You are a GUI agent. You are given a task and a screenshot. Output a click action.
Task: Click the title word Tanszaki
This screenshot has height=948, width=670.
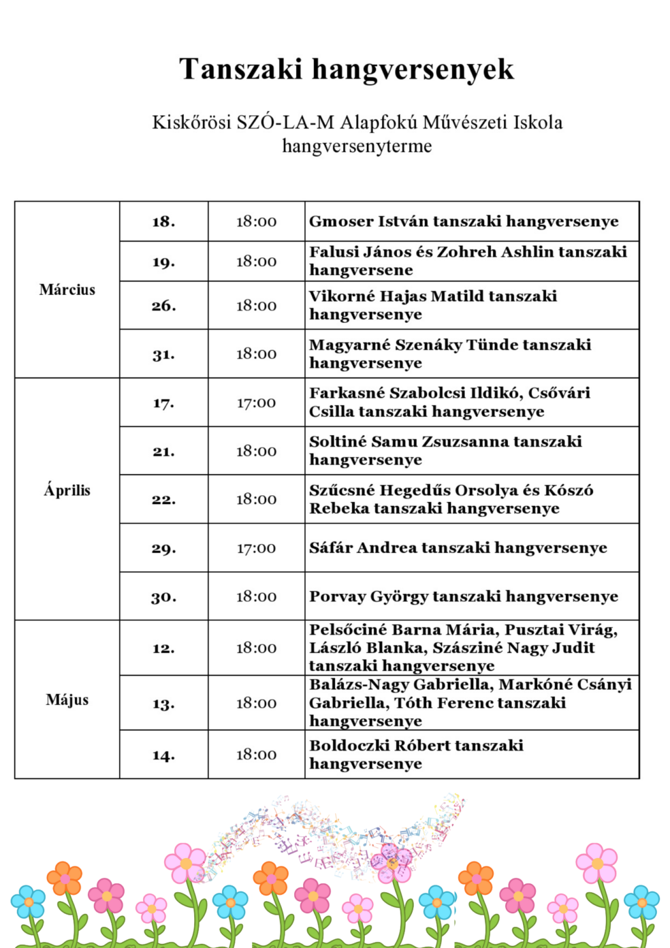pyautogui.click(x=240, y=69)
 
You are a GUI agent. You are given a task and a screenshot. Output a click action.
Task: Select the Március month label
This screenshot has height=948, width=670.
pyautogui.click(x=67, y=290)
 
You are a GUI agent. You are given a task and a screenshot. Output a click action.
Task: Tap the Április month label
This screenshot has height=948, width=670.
pyautogui.click(x=67, y=490)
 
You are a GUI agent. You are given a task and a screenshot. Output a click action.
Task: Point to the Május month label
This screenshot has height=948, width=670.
pyautogui.click(x=67, y=700)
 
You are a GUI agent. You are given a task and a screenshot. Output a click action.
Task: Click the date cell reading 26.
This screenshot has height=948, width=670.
pyautogui.click(x=163, y=306)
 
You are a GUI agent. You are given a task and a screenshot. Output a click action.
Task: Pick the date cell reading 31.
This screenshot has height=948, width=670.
pyautogui.click(x=163, y=354)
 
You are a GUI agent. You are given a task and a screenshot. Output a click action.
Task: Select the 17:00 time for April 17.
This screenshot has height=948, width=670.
pyautogui.click(x=256, y=403)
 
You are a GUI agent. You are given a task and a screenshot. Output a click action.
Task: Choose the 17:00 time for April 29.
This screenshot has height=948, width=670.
pyautogui.click(x=256, y=548)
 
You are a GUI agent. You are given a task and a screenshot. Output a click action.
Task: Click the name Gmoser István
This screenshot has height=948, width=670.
pyautogui.click(x=368, y=221)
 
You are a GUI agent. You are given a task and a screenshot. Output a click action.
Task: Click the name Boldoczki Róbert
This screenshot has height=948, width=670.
pyautogui.click(x=379, y=746)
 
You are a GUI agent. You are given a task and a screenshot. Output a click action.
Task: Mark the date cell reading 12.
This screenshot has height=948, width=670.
pyautogui.click(x=163, y=648)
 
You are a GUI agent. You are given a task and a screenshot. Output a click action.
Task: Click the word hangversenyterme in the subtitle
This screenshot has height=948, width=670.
pyautogui.click(x=357, y=146)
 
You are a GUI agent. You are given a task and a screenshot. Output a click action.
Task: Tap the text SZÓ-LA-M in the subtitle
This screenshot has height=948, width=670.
pyautogui.click(x=285, y=123)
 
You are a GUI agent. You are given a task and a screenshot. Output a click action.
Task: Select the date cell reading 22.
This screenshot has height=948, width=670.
pyautogui.click(x=163, y=500)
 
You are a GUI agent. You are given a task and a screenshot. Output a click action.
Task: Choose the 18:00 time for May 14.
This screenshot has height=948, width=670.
pyautogui.click(x=256, y=755)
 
